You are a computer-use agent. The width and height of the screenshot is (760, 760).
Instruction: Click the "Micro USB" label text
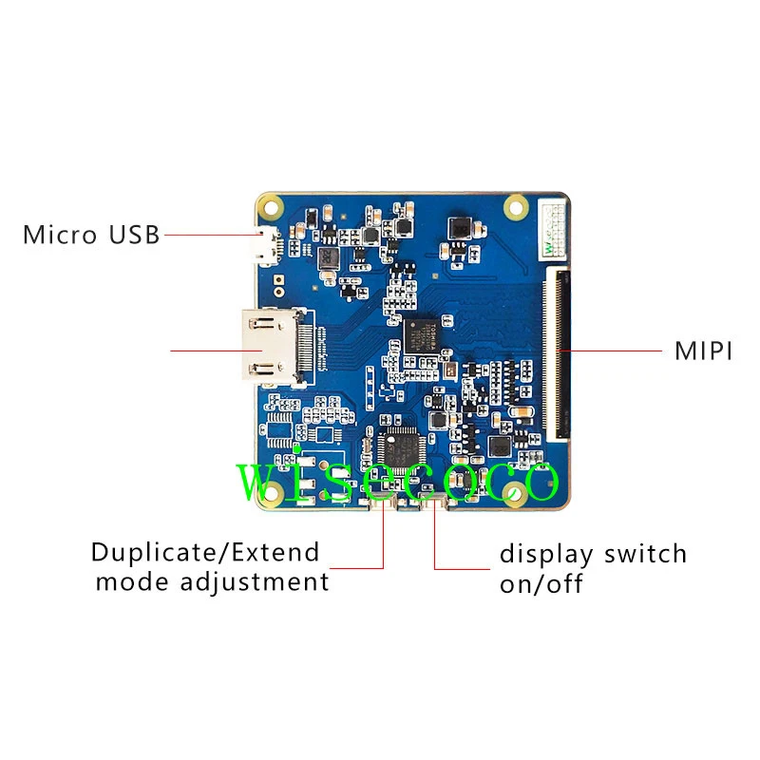pos(91,234)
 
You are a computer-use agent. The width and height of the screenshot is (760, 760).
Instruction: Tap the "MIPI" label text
pos(703,351)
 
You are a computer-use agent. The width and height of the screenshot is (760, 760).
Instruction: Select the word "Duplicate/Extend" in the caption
pos(205,552)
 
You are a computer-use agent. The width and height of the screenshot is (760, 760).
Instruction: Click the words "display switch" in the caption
pos(593,553)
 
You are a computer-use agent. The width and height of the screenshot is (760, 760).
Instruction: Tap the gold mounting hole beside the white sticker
pos(517,204)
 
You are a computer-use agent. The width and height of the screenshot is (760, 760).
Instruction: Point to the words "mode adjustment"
pos(212,581)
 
